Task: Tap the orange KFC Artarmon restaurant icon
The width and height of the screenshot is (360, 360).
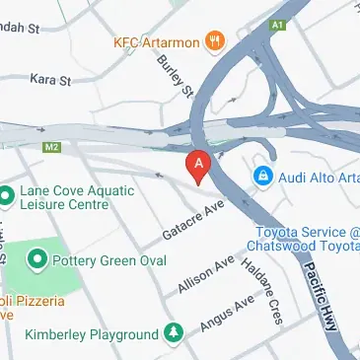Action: [x=217, y=42]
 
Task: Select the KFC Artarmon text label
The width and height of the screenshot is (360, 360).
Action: [x=162, y=42]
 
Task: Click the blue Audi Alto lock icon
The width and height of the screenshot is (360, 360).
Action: [x=263, y=177]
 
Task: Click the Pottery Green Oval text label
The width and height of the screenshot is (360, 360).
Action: [x=109, y=259]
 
